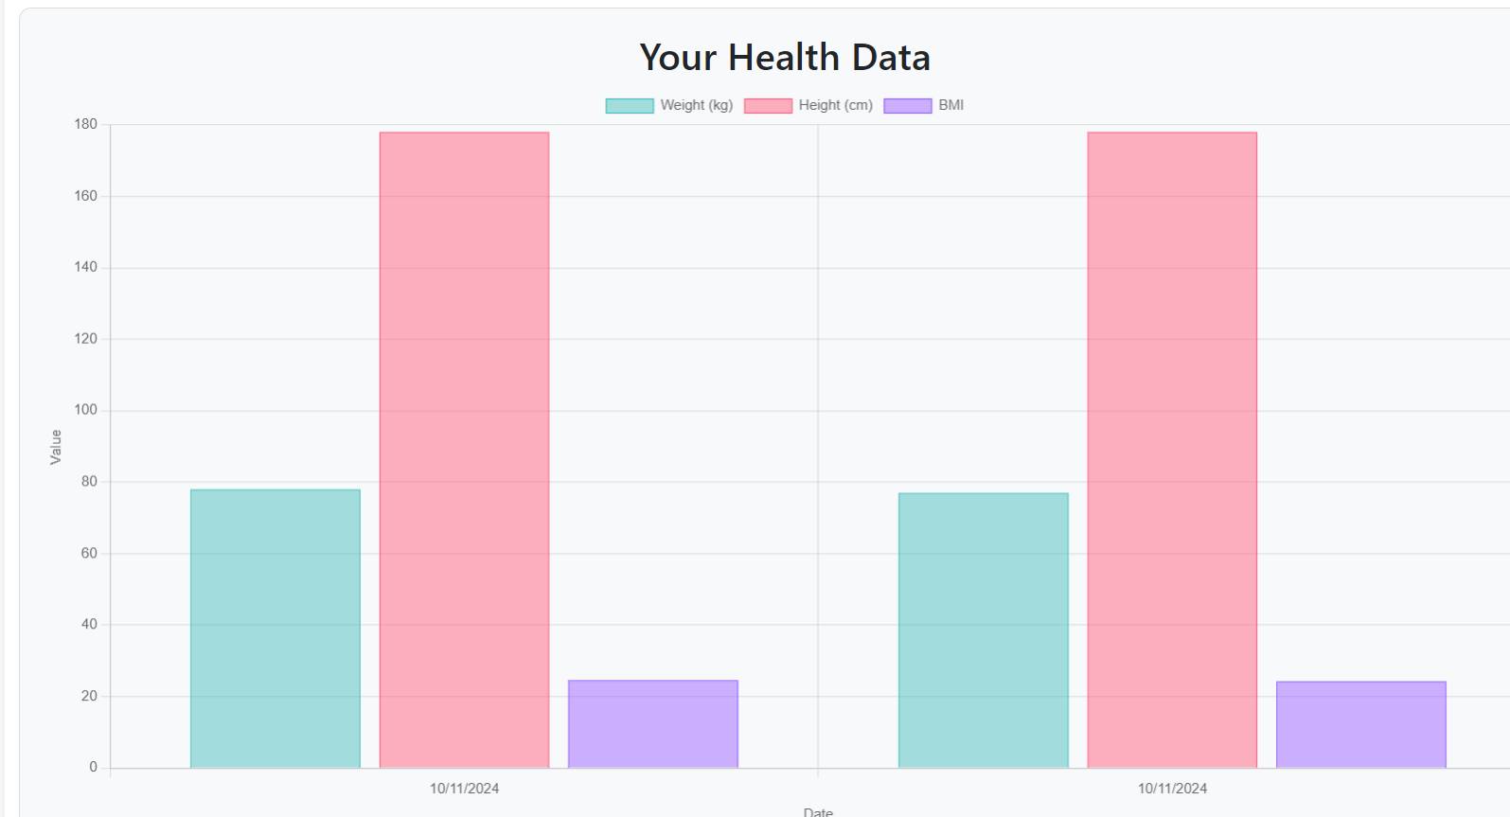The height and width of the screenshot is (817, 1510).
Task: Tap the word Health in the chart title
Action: point(784,58)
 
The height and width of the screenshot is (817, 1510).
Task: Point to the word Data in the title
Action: point(891,58)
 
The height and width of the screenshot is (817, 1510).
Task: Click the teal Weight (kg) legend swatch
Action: point(630,106)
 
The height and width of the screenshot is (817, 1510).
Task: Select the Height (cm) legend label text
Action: point(835,105)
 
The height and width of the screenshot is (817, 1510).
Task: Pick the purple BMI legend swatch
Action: point(908,106)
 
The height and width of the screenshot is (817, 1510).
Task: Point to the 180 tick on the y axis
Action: point(86,124)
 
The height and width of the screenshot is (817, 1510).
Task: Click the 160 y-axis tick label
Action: point(86,196)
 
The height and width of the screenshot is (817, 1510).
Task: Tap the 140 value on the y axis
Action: point(86,267)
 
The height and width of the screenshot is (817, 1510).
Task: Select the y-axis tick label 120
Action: point(86,339)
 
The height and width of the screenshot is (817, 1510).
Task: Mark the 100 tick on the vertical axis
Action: point(86,410)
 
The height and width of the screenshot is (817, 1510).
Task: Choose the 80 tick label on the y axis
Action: point(89,482)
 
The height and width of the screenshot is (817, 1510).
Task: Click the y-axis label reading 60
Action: point(89,553)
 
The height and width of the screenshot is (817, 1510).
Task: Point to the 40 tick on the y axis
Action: point(89,625)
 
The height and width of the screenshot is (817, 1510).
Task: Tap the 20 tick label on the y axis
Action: point(89,696)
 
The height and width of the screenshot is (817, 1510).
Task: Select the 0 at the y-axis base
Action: point(93,767)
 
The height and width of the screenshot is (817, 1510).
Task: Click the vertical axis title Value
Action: point(56,447)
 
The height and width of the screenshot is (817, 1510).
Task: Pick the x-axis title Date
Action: point(818,811)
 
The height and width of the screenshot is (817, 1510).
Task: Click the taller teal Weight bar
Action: point(275,629)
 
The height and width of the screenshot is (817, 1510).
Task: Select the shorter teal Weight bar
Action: point(984,631)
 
